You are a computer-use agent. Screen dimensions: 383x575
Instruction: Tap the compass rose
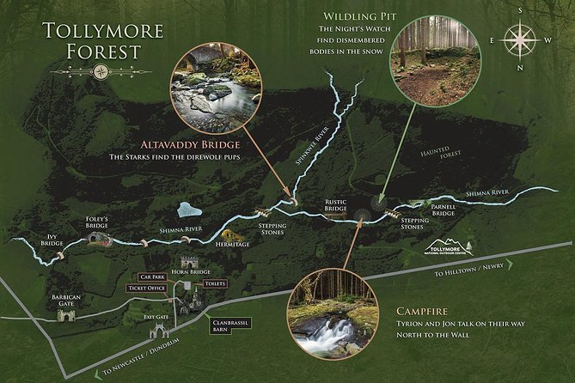[x=519, y=39]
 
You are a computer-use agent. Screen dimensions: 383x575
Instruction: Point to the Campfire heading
[x=424, y=310]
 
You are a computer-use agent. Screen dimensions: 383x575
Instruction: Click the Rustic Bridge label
[x=335, y=207]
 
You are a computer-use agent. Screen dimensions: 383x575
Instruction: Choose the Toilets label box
[x=215, y=283]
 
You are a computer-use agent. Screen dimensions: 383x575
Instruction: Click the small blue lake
[x=188, y=209]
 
